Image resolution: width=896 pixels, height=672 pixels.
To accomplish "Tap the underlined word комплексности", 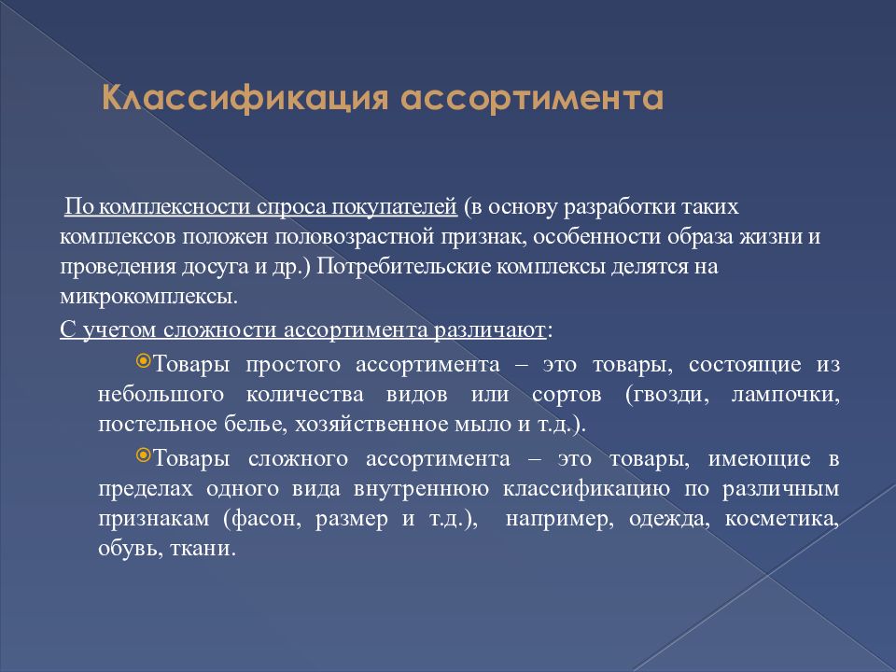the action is [175, 206].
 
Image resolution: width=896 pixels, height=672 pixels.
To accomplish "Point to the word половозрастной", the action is [355, 236].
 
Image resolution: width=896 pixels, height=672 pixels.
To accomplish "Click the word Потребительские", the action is [403, 267].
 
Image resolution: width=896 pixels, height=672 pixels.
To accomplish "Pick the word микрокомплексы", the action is [148, 297].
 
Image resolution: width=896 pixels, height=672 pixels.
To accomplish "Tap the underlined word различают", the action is [489, 329].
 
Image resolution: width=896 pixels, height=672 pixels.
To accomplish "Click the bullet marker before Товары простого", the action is [143, 360].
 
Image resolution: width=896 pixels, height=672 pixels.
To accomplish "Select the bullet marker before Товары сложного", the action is [143, 455].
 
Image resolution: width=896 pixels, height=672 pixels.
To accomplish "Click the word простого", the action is [292, 365].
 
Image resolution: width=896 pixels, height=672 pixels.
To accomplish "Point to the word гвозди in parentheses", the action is [667, 394].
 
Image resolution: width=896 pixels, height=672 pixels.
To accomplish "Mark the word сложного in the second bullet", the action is [298, 459].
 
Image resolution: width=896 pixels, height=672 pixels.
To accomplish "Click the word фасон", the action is [262, 520].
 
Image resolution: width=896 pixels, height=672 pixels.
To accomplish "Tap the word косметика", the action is [782, 520].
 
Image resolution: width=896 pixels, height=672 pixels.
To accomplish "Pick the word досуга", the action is [215, 267].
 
